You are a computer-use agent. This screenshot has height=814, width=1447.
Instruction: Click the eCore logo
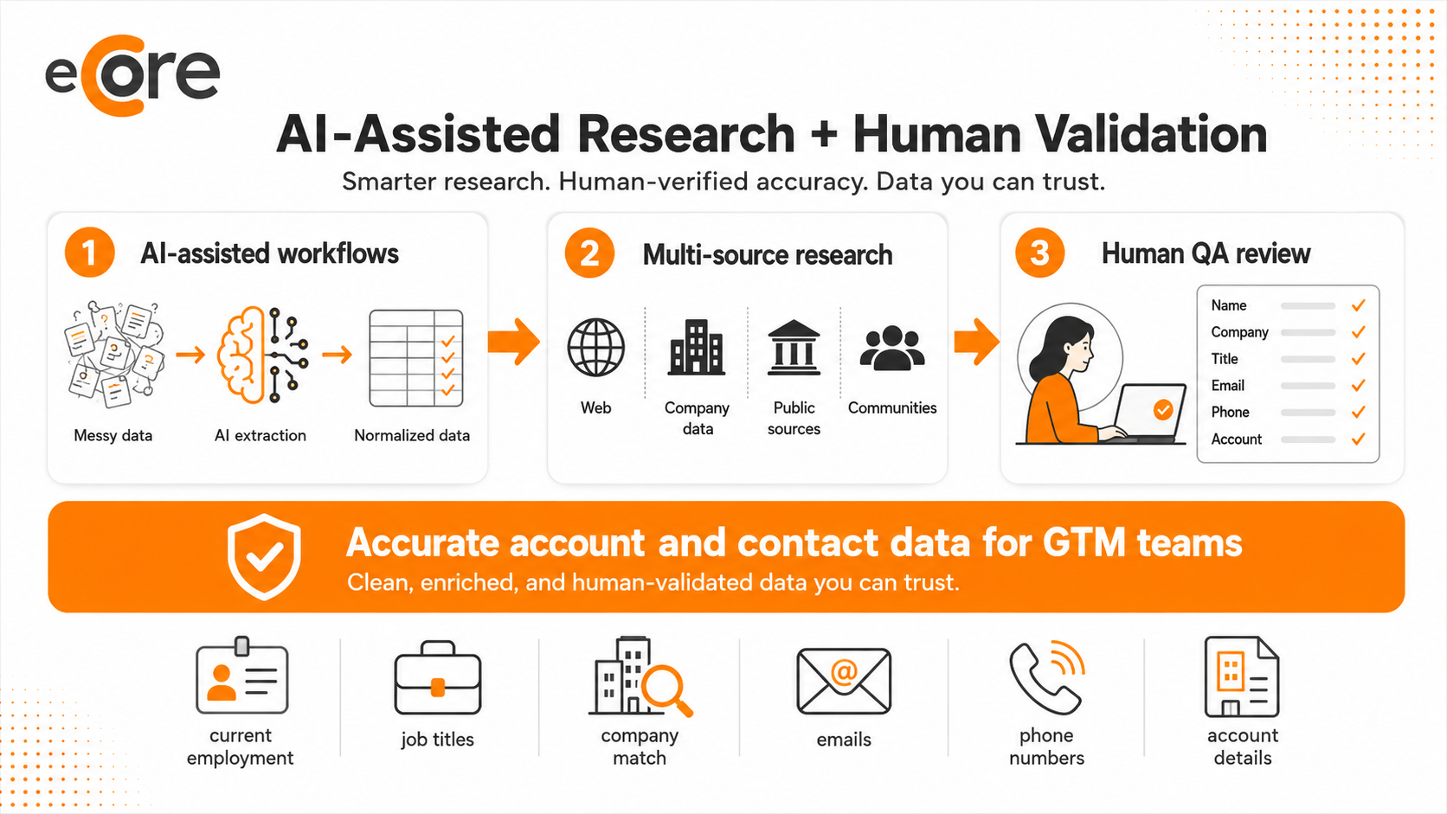click(x=132, y=75)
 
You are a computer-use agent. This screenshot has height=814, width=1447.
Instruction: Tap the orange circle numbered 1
click(x=90, y=253)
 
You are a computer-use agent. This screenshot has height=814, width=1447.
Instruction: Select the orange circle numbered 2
click(x=589, y=253)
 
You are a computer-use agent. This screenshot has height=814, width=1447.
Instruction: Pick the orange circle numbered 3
click(x=1039, y=253)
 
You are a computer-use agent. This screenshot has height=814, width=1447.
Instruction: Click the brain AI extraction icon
click(x=261, y=355)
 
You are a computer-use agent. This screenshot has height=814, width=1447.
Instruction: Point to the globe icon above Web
click(x=595, y=347)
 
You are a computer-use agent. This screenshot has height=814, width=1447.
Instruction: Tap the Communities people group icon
click(x=892, y=348)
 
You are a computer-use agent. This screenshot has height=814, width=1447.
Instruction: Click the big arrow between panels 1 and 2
click(x=513, y=342)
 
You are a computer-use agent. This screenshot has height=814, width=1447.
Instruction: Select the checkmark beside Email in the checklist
click(x=1359, y=386)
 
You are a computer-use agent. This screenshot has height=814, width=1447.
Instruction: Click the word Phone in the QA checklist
click(x=1230, y=412)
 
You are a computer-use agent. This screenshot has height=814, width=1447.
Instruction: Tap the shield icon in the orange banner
click(x=264, y=556)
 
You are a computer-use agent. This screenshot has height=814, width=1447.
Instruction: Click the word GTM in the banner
click(x=1084, y=542)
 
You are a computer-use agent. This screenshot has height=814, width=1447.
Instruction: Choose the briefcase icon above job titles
click(x=437, y=678)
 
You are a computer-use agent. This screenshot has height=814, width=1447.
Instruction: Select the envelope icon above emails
click(x=844, y=682)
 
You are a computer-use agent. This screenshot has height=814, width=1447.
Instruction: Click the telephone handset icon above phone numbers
click(x=1044, y=679)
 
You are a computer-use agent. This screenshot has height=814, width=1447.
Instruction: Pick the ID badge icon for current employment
click(x=241, y=676)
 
